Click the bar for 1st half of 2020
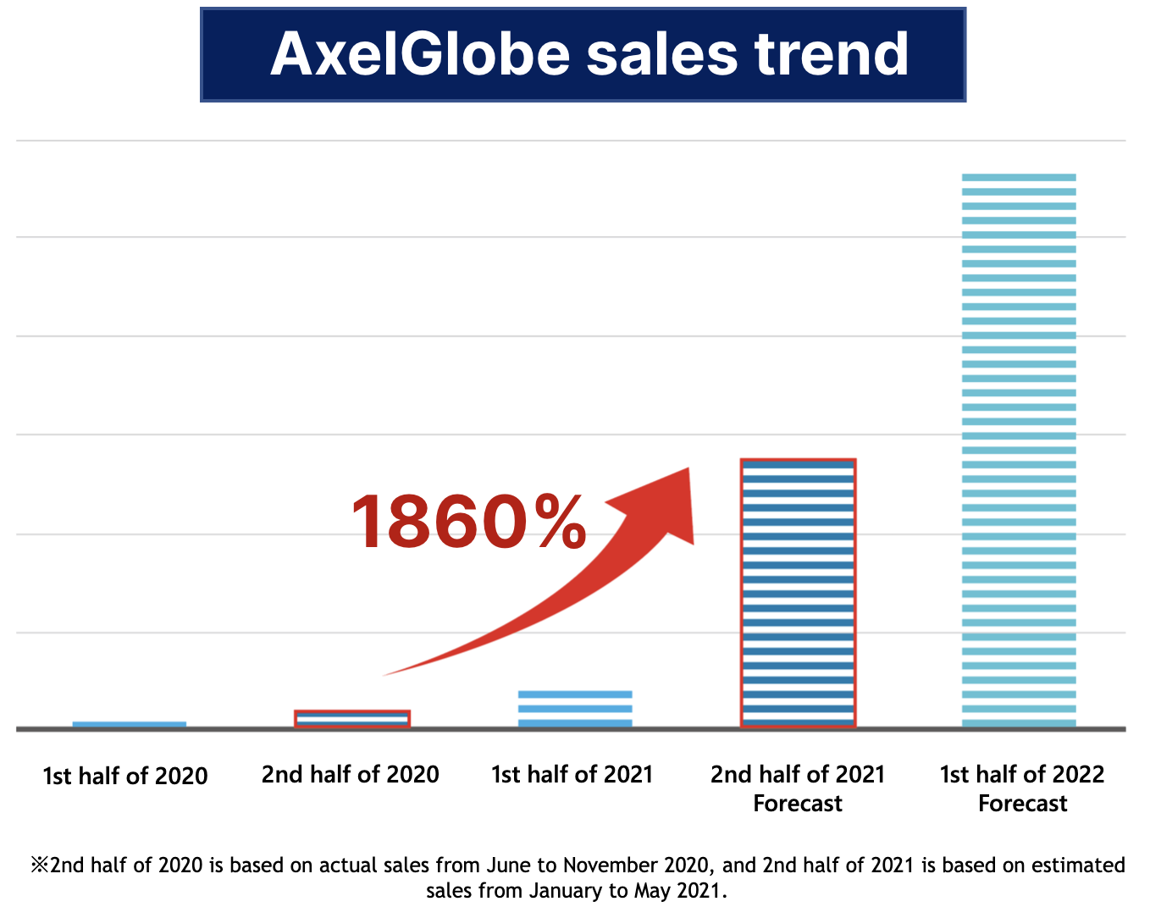(130, 724)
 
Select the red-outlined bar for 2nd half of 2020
(352, 719)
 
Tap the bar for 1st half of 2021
(575, 709)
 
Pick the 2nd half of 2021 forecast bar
(798, 593)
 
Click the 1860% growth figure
(468, 523)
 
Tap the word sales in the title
(661, 54)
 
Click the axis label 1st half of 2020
(125, 776)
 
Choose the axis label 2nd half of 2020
(351, 774)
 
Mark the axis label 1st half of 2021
(572, 774)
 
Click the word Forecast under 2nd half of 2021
(798, 804)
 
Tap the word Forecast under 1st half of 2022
(1023, 804)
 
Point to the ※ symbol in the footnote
(40, 865)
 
